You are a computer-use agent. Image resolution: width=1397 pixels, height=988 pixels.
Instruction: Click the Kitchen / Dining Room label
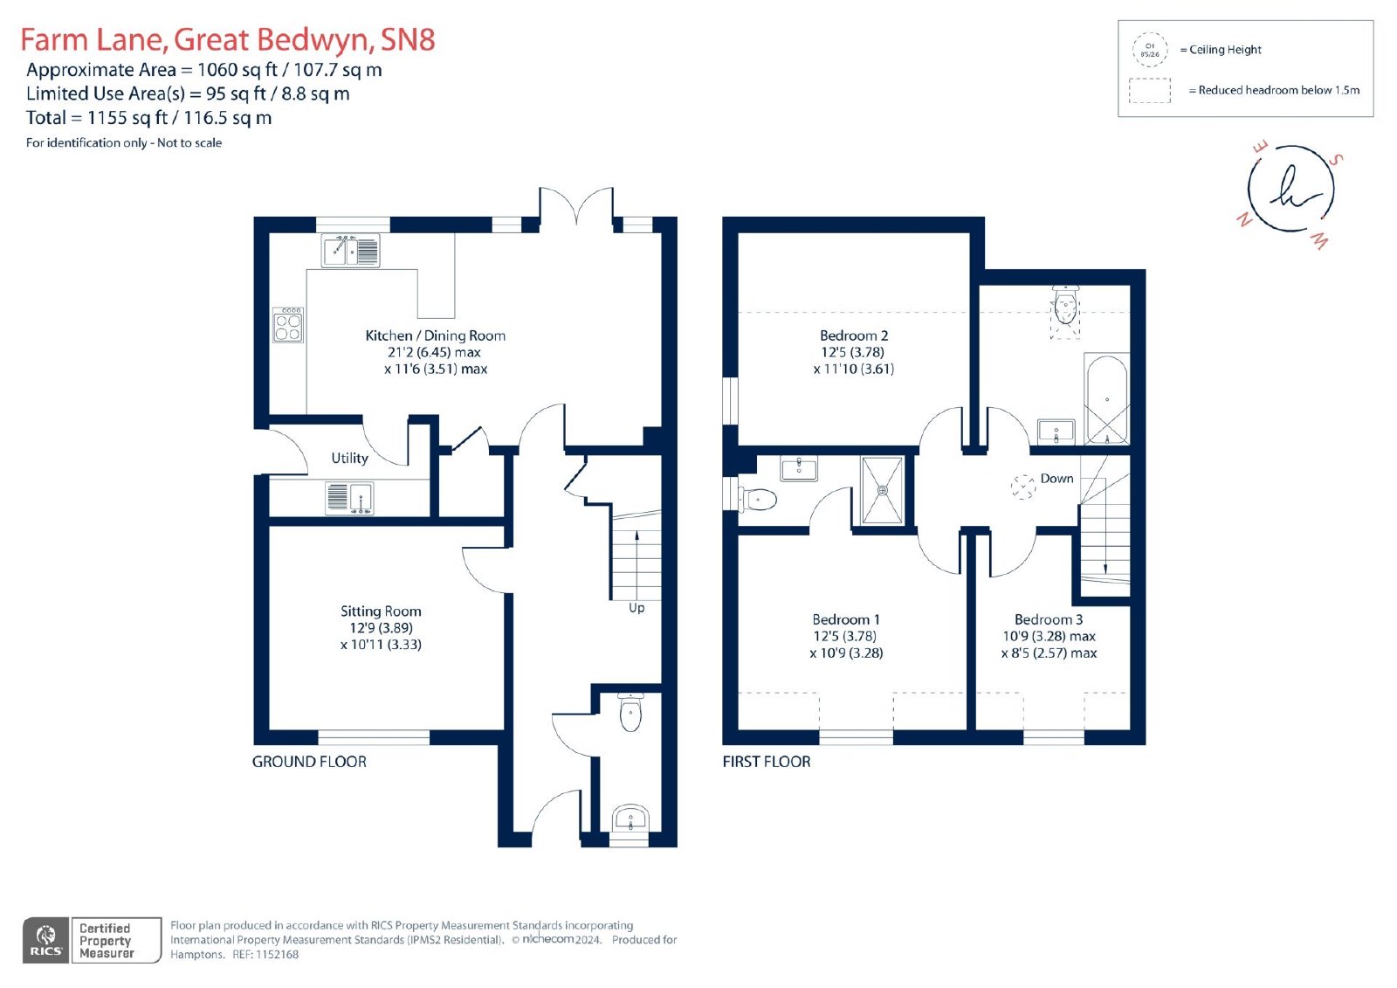pos(436,335)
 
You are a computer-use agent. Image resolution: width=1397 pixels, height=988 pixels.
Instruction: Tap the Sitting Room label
pos(381,611)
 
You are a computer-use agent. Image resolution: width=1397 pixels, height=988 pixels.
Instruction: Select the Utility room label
pos(349,458)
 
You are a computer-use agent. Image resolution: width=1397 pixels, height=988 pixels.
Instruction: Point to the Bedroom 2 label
pos(854,335)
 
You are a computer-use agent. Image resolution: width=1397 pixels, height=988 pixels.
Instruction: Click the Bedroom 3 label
pos(1049,619)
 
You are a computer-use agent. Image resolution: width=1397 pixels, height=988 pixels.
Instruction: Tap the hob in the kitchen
pos(288,325)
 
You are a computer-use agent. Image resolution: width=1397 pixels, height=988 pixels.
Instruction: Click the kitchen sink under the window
pos(350,251)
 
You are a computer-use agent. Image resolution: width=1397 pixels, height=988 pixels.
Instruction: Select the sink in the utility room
pos(349,498)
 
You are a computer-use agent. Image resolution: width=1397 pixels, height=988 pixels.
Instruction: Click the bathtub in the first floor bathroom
pos(1107,399)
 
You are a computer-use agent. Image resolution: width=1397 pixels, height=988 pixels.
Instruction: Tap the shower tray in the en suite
pos(882,491)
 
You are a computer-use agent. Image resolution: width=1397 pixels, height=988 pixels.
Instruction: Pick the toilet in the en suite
pos(757,500)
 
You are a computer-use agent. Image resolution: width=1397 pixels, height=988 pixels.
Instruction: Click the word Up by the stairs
pos(637,608)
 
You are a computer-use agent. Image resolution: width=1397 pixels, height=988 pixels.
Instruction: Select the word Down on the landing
pos(1056,478)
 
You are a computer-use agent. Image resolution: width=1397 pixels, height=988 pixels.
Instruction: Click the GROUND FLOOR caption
pos(309,762)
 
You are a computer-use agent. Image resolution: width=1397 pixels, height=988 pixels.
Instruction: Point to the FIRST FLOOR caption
pos(766,762)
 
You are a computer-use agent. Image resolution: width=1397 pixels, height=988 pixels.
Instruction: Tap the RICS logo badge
pos(46,940)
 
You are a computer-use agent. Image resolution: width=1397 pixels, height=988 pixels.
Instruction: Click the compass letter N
pos(1244,219)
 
